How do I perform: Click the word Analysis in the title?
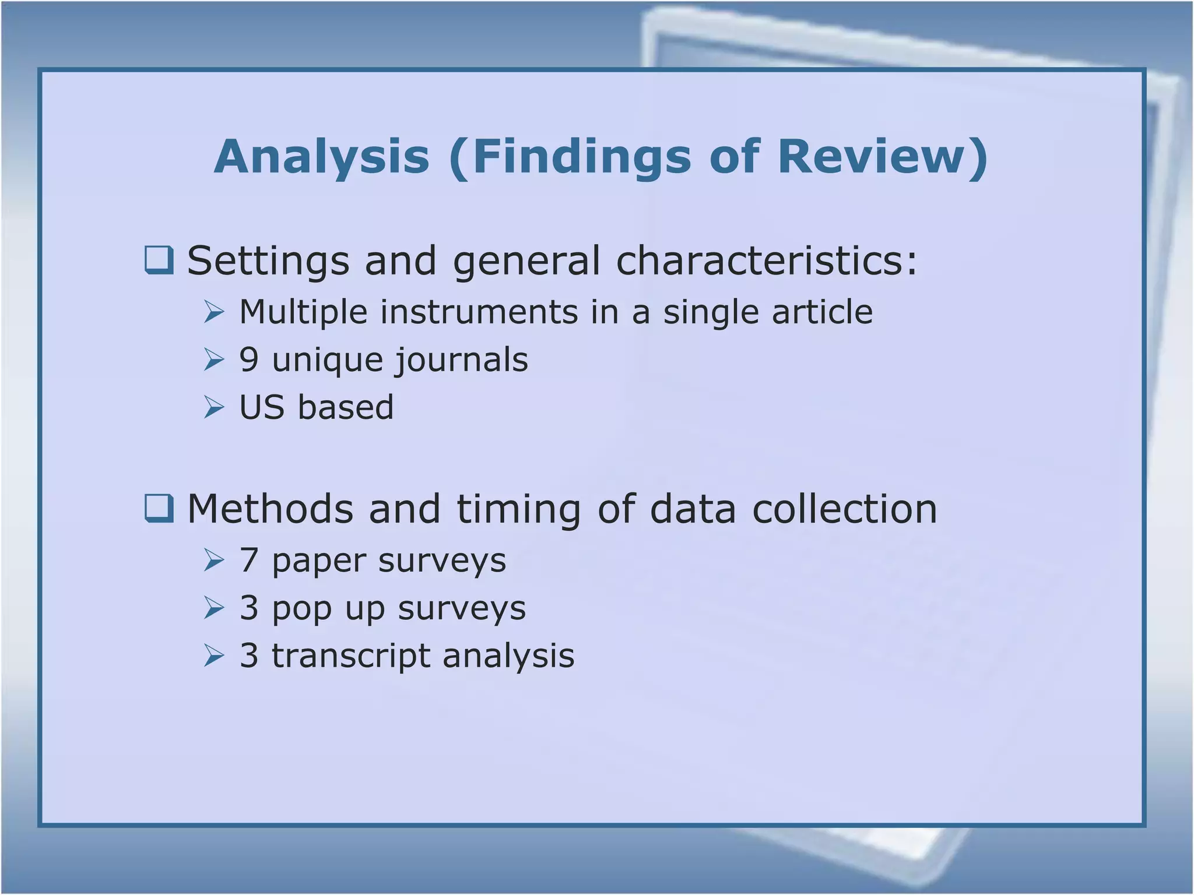(x=322, y=157)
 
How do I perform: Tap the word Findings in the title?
(x=581, y=157)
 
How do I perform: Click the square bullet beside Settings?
(x=159, y=260)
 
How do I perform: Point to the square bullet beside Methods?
(x=159, y=509)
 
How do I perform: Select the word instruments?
(x=479, y=312)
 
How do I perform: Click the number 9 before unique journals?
(x=249, y=360)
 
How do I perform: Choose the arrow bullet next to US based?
(x=214, y=407)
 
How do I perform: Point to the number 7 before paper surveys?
(x=249, y=560)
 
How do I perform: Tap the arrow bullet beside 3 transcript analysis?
(x=214, y=656)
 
